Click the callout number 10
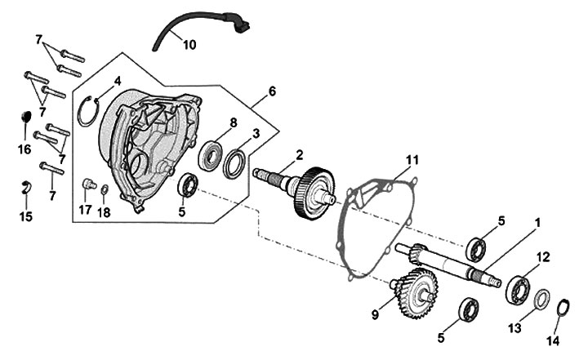click(189, 45)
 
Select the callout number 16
click(25, 149)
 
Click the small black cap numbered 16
click(24, 117)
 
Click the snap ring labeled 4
click(91, 111)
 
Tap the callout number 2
click(300, 154)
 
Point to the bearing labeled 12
click(518, 288)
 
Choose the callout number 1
click(538, 221)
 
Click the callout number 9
click(376, 313)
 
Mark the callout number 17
click(85, 211)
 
